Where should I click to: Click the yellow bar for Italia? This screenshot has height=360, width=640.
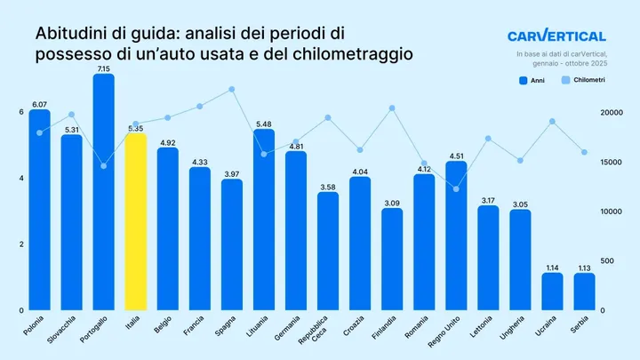[x=135, y=222]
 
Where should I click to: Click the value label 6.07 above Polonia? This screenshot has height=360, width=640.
[x=39, y=104]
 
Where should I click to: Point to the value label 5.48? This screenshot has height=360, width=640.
[x=263, y=124]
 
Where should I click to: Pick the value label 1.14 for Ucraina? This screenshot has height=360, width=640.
[x=552, y=267]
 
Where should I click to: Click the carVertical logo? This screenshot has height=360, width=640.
[x=556, y=36]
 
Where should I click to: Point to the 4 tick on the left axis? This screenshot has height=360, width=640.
[x=20, y=178]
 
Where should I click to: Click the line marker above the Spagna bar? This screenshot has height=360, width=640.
[x=231, y=89]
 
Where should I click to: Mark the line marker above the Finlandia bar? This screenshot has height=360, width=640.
[x=392, y=108]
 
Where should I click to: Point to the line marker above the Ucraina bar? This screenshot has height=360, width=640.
[x=552, y=121]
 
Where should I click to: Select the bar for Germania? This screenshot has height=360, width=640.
[x=295, y=231]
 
